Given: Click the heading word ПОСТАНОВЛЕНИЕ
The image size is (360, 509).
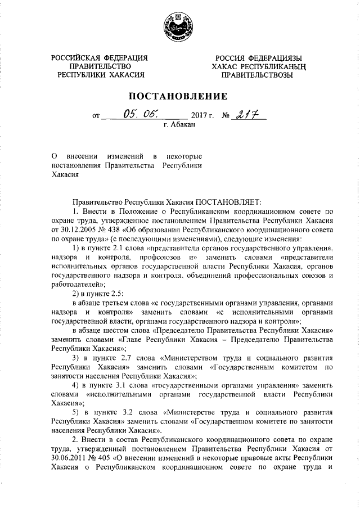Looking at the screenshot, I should tap(179, 95).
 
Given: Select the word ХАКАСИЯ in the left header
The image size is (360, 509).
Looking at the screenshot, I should tap(126, 74).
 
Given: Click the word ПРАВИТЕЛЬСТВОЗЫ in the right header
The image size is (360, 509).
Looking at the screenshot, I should tap(256, 74).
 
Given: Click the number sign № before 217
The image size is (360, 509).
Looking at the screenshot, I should tap(227, 116).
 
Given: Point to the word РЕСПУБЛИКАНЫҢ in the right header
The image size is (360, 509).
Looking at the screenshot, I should tap(271, 66).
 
